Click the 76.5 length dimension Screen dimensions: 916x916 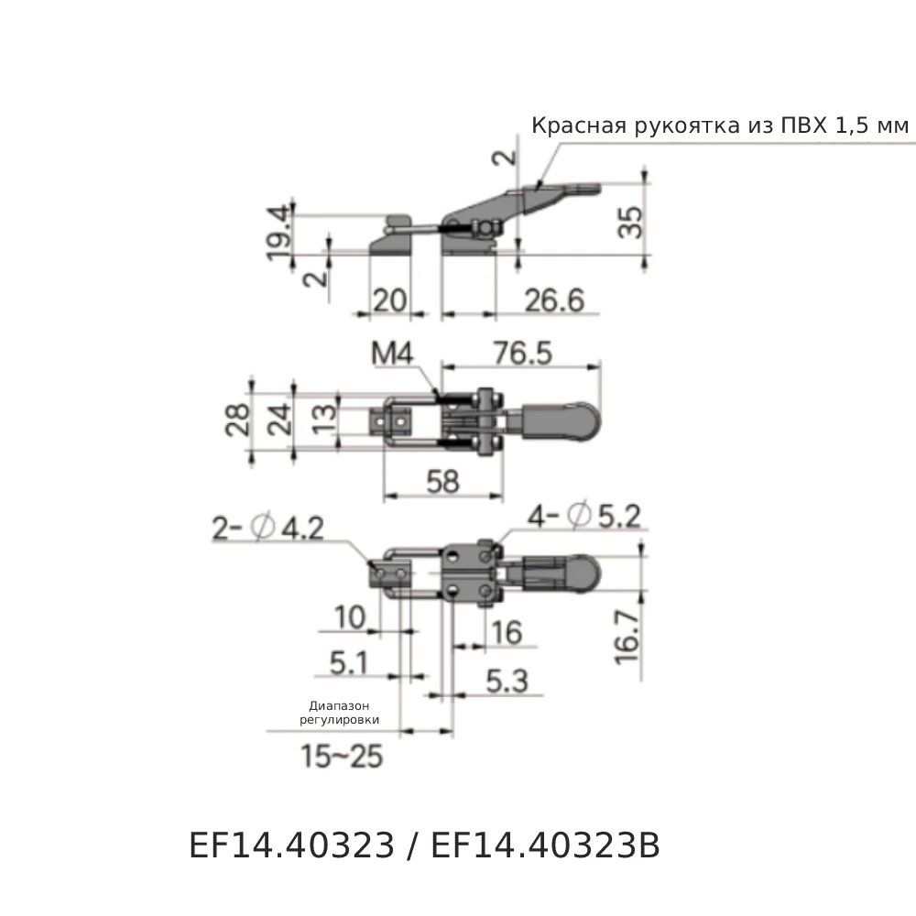523,354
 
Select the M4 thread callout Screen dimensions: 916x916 395,354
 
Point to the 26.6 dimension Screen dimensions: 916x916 553,299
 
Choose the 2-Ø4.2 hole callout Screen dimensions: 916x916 267,529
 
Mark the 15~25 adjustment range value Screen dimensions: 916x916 341,757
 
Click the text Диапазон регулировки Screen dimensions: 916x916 339,714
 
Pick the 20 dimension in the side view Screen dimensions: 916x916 388,299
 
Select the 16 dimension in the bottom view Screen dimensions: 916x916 506,631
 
